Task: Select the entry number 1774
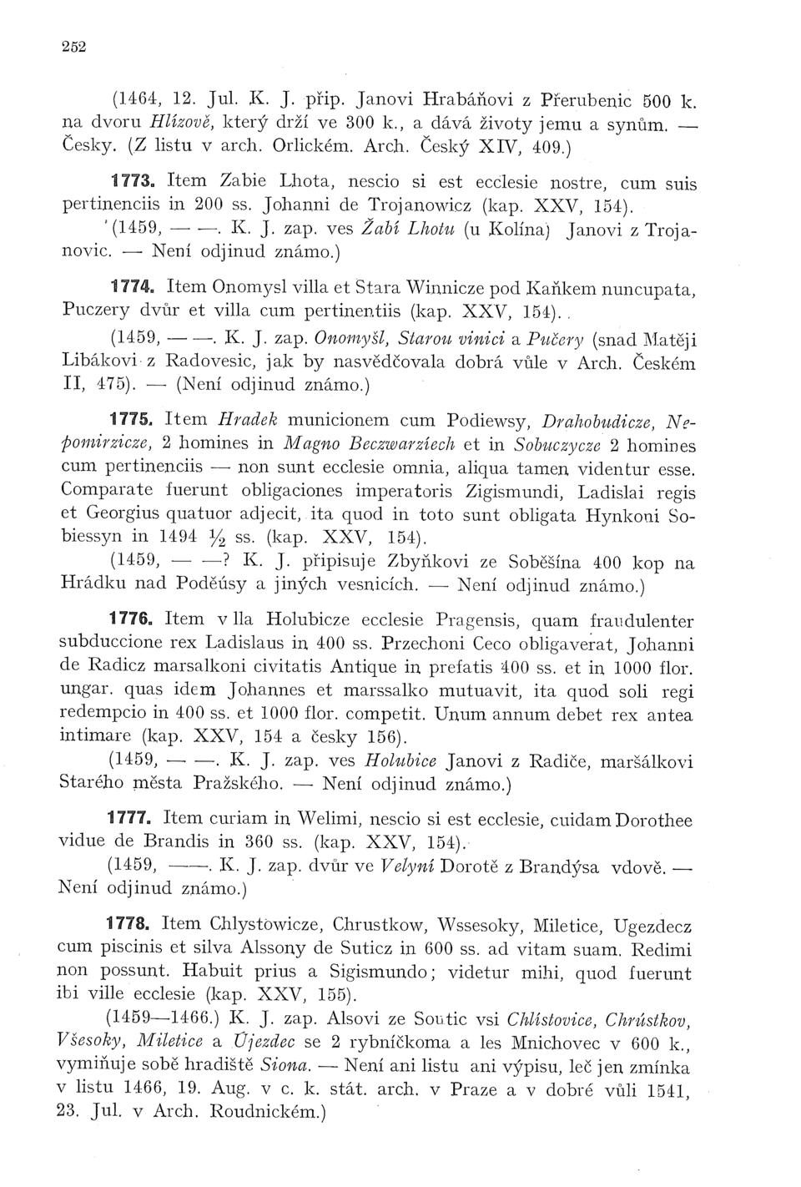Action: pyautogui.click(x=134, y=287)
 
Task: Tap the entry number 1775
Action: pyautogui.click(x=134, y=417)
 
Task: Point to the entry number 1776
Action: pyautogui.click(x=135, y=619)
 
